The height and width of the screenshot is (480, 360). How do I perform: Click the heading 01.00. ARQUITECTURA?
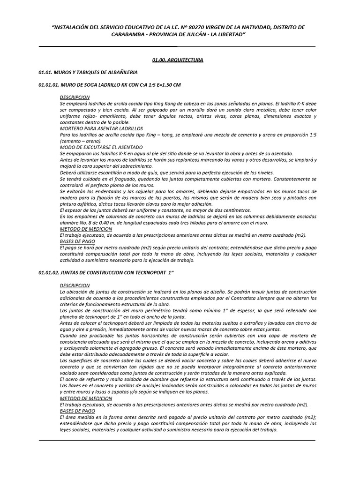click(x=178, y=60)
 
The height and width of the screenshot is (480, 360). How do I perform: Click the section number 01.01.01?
click(x=49, y=85)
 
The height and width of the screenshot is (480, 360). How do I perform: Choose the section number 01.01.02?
click(x=49, y=272)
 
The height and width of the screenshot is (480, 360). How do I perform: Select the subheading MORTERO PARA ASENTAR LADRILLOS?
click(x=101, y=128)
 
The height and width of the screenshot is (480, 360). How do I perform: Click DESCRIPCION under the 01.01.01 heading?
click(x=75, y=97)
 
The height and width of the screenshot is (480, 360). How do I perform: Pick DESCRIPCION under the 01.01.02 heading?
click(x=75, y=285)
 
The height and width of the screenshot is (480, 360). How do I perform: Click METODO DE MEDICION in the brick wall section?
click(x=86, y=229)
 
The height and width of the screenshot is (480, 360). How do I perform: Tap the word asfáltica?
click(x=90, y=204)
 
